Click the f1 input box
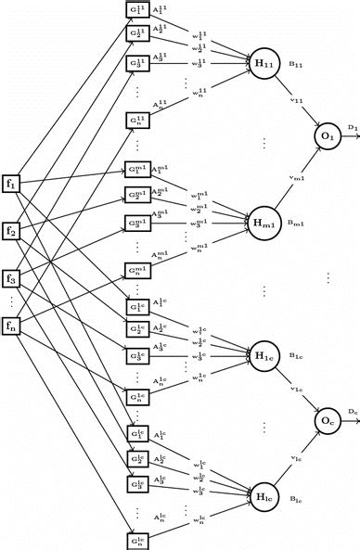click(x=12, y=182)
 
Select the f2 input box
click(x=12, y=229)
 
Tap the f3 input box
click(x=12, y=277)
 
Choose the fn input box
click(x=12, y=325)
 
